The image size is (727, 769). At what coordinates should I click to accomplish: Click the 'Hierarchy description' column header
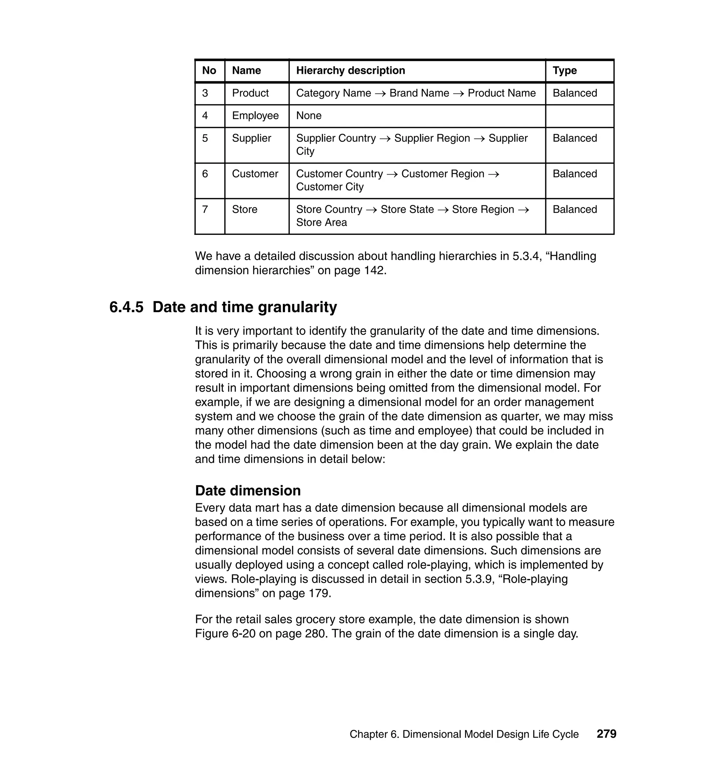coord(350,71)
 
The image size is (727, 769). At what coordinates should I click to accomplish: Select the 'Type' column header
coord(565,71)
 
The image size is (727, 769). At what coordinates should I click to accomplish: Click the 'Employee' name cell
coord(255,116)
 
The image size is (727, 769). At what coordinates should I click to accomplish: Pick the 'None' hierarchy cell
coord(308,116)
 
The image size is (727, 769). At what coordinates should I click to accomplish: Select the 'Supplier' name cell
coord(252,138)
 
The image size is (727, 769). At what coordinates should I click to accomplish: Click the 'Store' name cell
coord(244,210)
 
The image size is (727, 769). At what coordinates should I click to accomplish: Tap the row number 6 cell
coord(205,174)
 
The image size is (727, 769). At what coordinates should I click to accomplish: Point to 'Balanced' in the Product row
coord(575,93)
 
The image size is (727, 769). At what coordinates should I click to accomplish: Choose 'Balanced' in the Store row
coord(575,210)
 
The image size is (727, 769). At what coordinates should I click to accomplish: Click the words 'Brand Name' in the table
coord(419,93)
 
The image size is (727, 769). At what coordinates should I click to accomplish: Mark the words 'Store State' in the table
coord(407,210)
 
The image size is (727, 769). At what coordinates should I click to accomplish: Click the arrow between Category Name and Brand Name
coord(380,94)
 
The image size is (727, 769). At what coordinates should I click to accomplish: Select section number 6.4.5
coord(126,308)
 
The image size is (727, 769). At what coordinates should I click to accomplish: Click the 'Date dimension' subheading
coord(248,491)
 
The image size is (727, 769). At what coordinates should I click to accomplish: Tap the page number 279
coord(606,734)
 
